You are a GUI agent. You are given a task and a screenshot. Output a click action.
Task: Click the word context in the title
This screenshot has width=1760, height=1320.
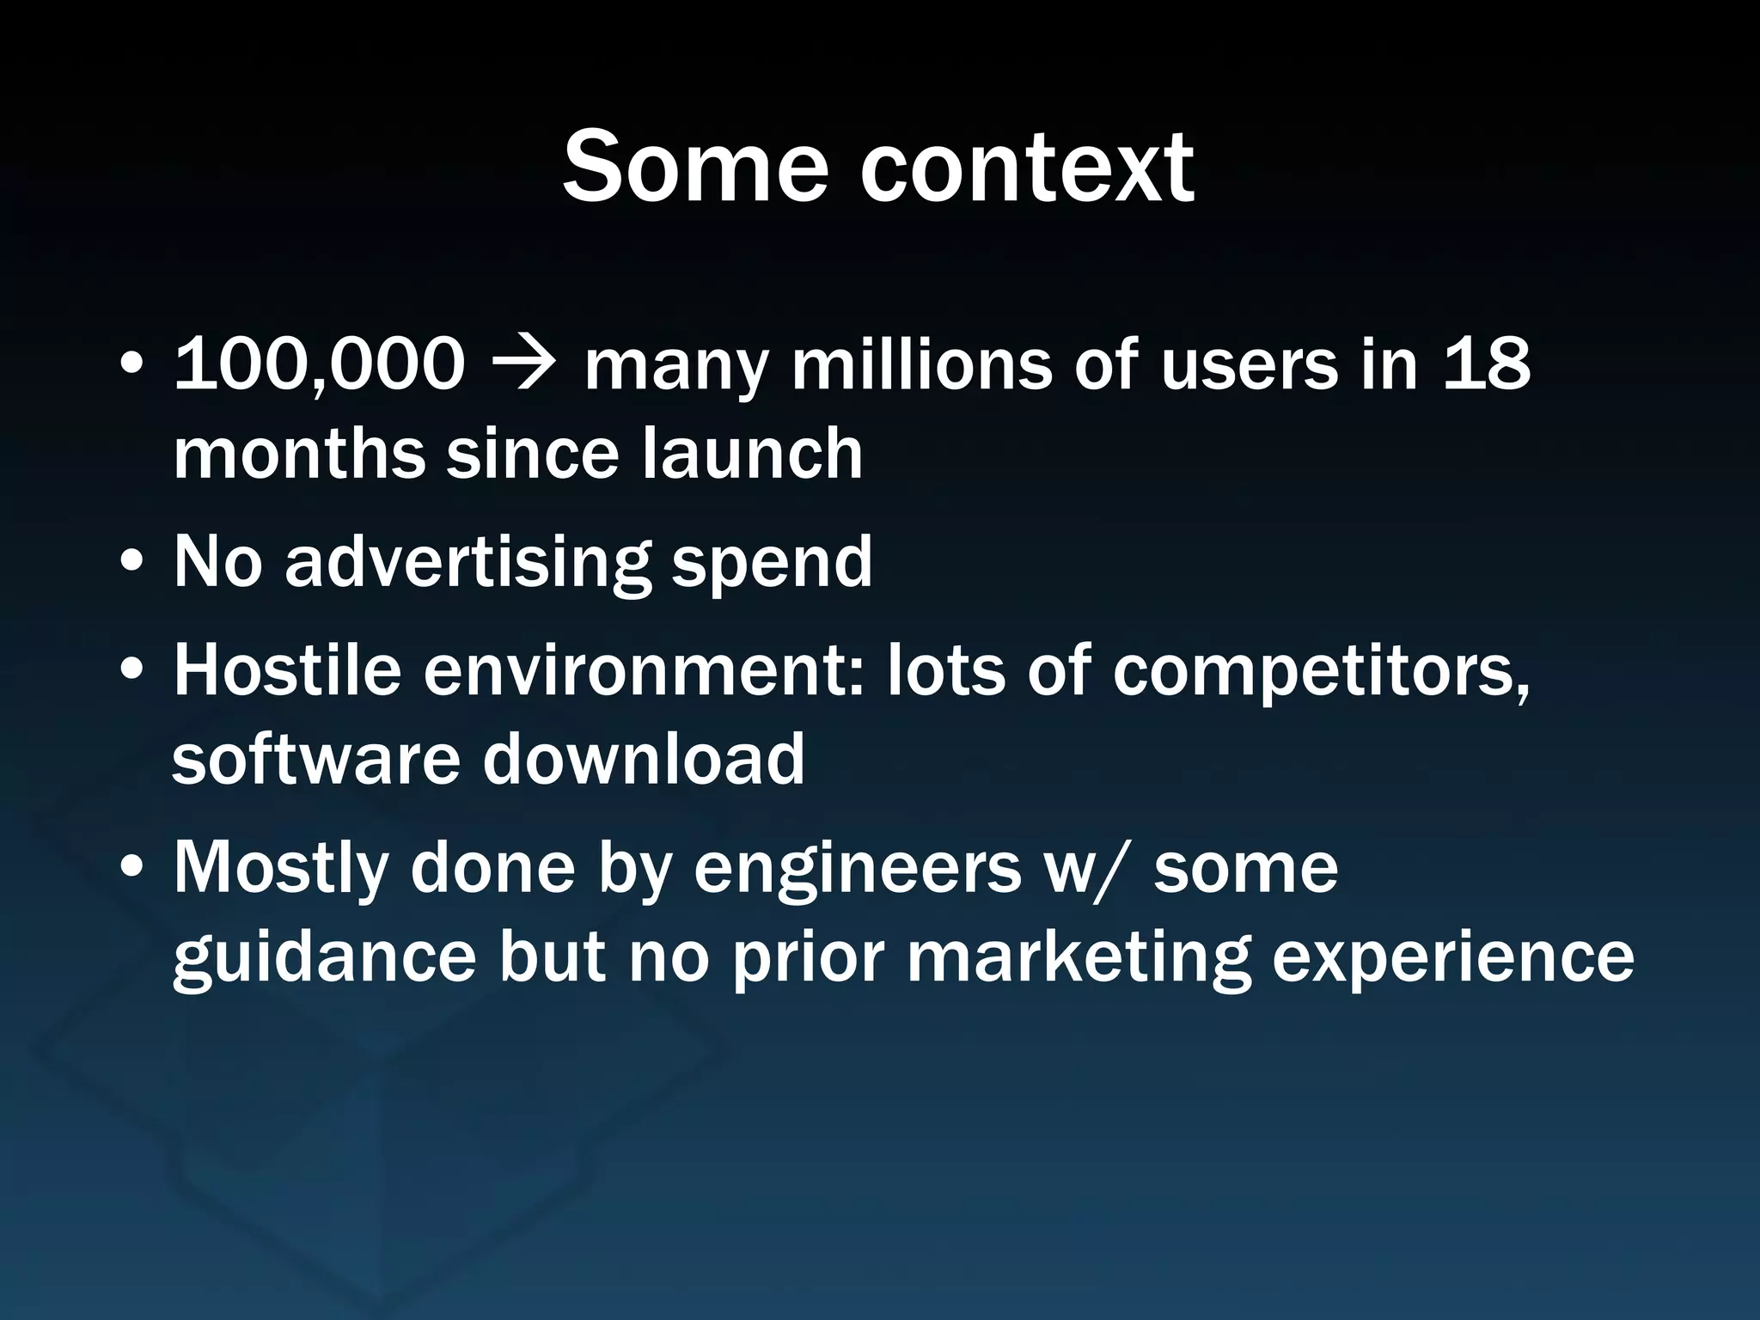tap(1026, 167)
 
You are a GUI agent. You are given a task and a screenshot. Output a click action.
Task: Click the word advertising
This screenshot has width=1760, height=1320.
tap(467, 563)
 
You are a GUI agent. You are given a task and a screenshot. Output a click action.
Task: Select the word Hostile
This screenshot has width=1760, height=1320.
tap(288, 670)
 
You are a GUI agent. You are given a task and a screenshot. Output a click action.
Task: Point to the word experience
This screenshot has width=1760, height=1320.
tap(1452, 959)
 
